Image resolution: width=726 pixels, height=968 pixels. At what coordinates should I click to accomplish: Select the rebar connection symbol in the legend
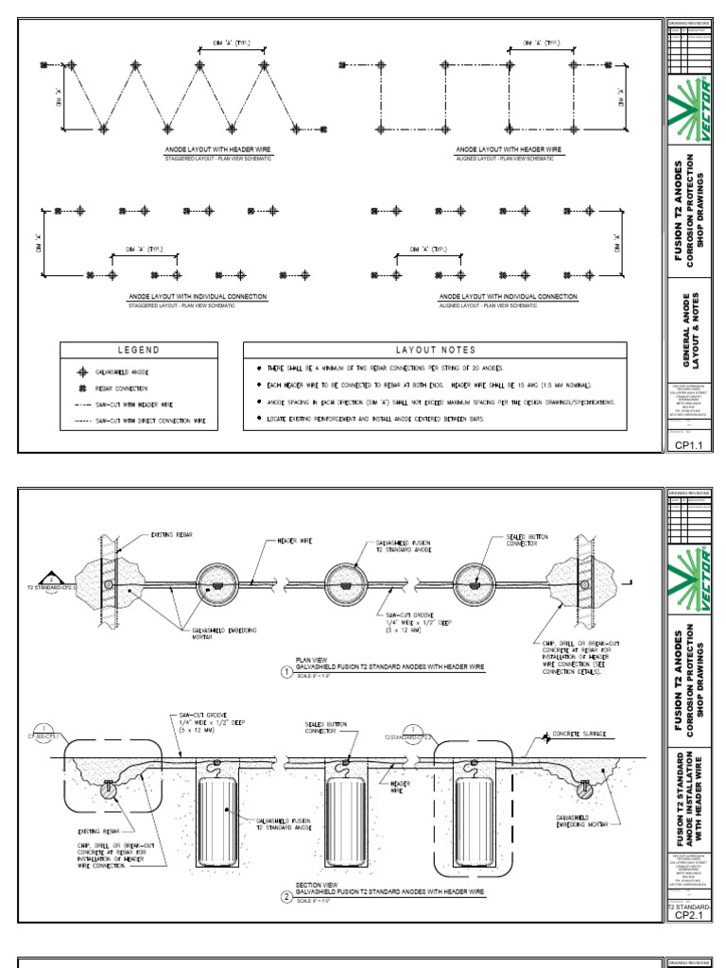click(x=81, y=388)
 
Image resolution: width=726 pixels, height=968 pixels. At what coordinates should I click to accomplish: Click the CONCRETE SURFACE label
click(x=582, y=733)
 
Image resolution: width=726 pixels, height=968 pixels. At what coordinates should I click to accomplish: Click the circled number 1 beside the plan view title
click(x=285, y=672)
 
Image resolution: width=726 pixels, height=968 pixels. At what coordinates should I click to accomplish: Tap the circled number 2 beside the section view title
click(x=285, y=897)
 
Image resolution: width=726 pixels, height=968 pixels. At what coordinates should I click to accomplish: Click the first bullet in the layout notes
click(x=259, y=367)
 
